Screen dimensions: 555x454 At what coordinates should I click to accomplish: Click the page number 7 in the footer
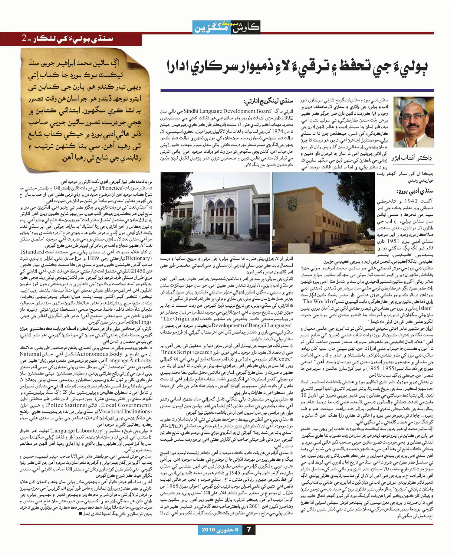(x=249, y=529)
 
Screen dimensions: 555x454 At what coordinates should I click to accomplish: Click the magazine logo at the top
(x=226, y=27)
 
